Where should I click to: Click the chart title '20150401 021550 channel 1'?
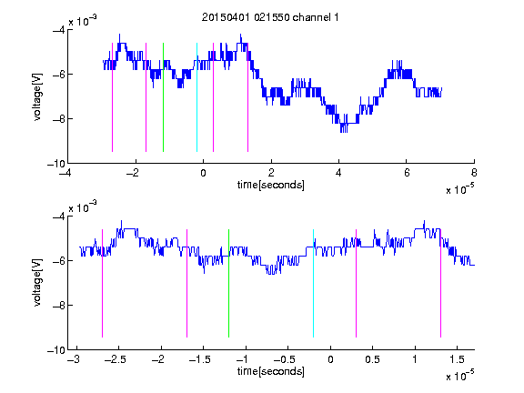point(270,17)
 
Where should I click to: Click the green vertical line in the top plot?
point(163,97)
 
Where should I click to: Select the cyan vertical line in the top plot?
point(196,97)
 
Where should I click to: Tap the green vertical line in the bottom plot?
point(228,284)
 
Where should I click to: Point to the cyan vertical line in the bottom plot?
point(314,284)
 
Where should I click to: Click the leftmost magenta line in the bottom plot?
point(102,284)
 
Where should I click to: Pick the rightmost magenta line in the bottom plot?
point(440,284)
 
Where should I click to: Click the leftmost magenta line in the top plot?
point(112,97)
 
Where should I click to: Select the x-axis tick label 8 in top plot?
point(474,173)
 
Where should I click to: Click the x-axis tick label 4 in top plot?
point(338,173)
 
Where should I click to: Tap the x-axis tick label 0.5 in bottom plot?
point(373,359)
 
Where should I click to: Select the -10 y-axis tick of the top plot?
point(55,164)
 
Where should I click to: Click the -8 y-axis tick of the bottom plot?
point(59,305)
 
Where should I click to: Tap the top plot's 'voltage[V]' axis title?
point(37,97)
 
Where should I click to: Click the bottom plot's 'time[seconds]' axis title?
point(271,371)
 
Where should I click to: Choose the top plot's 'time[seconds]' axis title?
point(271,185)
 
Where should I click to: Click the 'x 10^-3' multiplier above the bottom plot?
point(83,207)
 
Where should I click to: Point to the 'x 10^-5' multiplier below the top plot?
point(459,188)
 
